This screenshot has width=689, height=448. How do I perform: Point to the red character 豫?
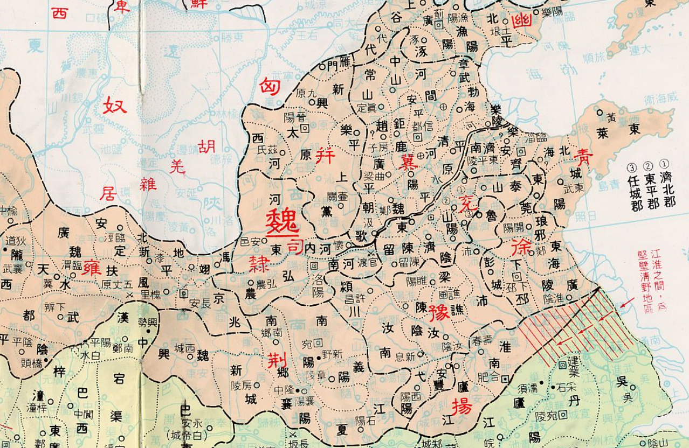click(439, 312)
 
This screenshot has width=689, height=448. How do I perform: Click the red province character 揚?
click(462, 405)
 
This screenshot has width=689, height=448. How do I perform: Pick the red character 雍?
click(92, 268)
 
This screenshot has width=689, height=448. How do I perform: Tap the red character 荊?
click(277, 360)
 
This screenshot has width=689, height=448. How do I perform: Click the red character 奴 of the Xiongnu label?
click(115, 104)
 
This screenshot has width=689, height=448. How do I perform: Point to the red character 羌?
click(177, 167)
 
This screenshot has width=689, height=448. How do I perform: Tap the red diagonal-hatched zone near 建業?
click(571, 326)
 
